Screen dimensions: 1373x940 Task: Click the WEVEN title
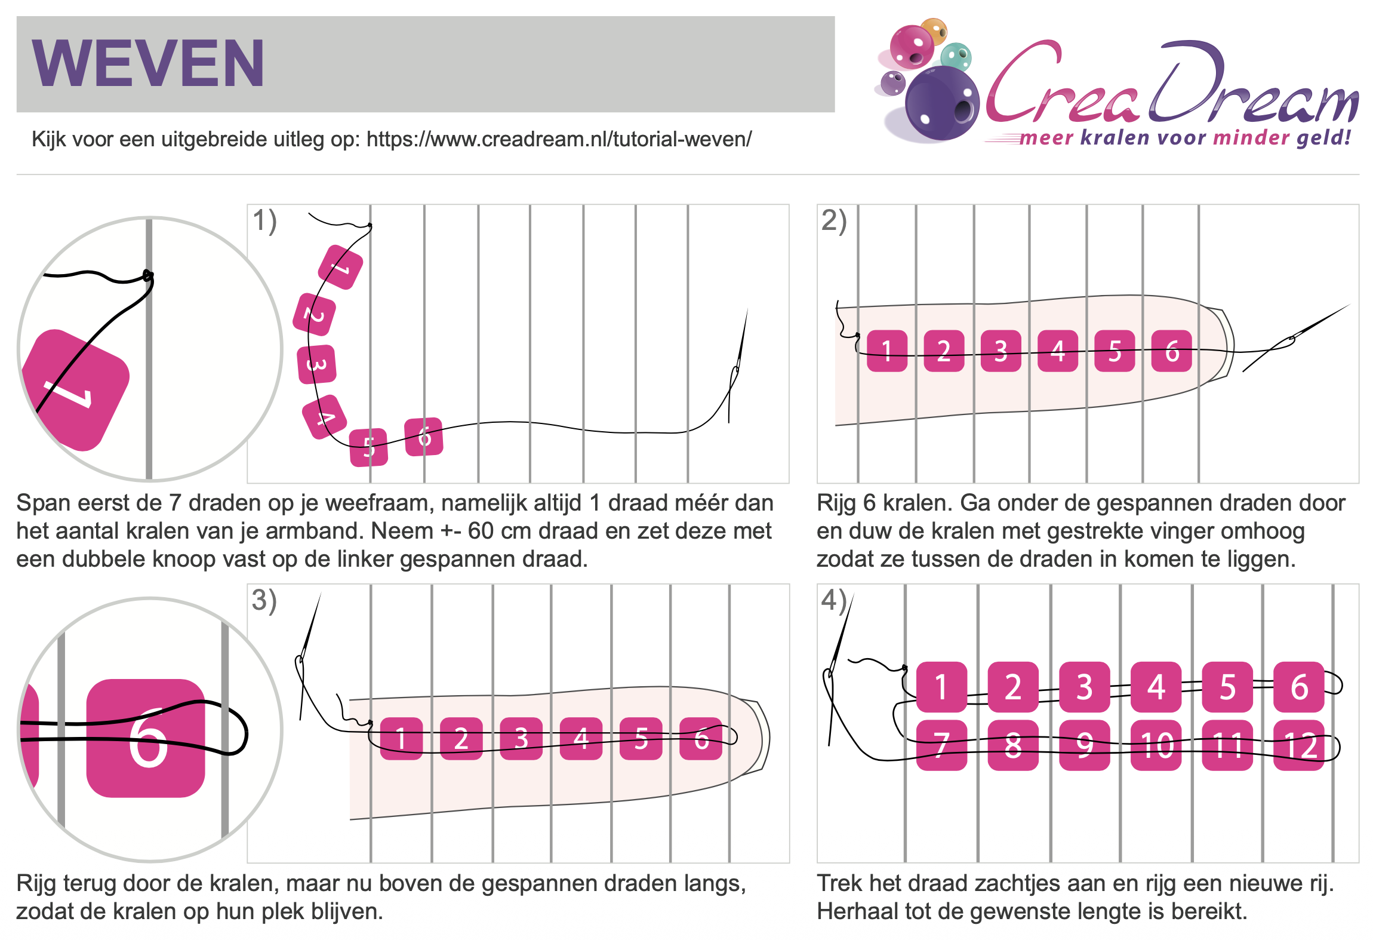click(x=147, y=63)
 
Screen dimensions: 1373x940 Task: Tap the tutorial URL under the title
click(x=559, y=139)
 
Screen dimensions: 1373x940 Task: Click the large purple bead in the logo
click(x=942, y=103)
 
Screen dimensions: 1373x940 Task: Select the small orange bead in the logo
click(x=934, y=30)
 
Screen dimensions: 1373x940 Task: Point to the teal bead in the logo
click(x=956, y=57)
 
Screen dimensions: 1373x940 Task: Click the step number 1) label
click(x=264, y=221)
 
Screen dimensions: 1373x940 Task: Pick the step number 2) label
click(x=834, y=221)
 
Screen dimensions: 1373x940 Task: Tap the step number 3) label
click(x=264, y=601)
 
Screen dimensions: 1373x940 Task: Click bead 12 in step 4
click(x=1299, y=745)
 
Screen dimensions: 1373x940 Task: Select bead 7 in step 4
click(x=941, y=745)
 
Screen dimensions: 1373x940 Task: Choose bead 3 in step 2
click(x=1001, y=351)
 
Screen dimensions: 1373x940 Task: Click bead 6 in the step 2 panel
click(x=1172, y=351)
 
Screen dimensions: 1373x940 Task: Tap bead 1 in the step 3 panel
click(x=401, y=739)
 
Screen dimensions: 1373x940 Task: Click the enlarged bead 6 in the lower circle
click(x=146, y=738)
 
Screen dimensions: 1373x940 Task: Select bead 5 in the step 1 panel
click(x=368, y=447)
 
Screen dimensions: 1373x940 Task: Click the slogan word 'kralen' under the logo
click(x=1115, y=138)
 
